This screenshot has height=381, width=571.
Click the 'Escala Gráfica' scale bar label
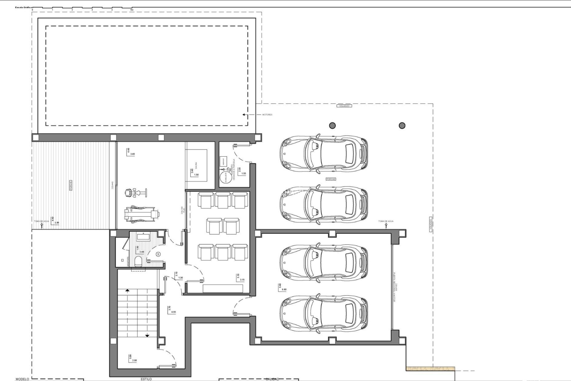click(26, 7)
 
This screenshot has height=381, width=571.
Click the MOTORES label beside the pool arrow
click(267, 115)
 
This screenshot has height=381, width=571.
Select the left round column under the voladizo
click(332, 125)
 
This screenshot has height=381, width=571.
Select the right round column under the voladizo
click(402, 125)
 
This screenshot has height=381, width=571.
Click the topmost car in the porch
click(324, 154)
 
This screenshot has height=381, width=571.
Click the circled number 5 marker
click(158, 254)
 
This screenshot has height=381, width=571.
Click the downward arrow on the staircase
click(147, 336)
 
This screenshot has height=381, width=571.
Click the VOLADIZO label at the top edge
click(344, 106)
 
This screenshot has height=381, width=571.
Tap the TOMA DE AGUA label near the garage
click(386, 221)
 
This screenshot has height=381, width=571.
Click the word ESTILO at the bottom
click(146, 379)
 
